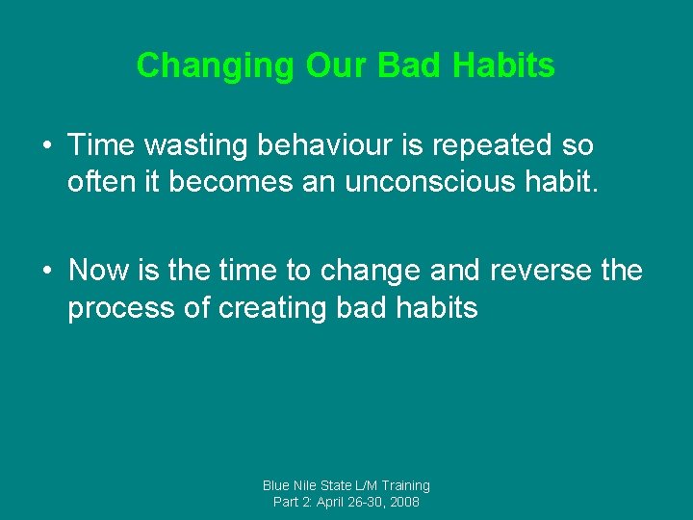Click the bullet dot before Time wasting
tap(47, 147)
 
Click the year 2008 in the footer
tap(403, 503)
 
